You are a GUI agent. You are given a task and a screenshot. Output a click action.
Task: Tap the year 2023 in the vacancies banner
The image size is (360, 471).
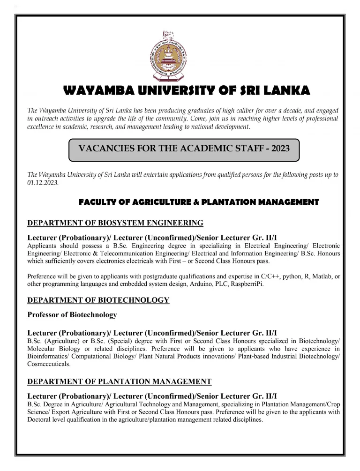277,149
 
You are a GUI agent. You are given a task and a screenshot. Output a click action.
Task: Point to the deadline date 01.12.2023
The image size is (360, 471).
43,183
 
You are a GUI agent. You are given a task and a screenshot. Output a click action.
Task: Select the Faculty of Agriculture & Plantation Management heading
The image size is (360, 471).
199,202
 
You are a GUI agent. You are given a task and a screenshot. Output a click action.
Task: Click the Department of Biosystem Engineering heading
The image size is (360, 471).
115,223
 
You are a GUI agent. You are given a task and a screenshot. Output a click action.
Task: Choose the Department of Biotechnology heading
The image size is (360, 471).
98,300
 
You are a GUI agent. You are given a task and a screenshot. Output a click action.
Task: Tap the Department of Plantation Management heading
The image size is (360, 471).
120,381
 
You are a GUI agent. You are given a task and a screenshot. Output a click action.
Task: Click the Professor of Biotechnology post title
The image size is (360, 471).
72,315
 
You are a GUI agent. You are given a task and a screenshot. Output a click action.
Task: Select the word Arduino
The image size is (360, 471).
190,284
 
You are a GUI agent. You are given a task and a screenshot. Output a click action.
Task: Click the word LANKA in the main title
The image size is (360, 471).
285,90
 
